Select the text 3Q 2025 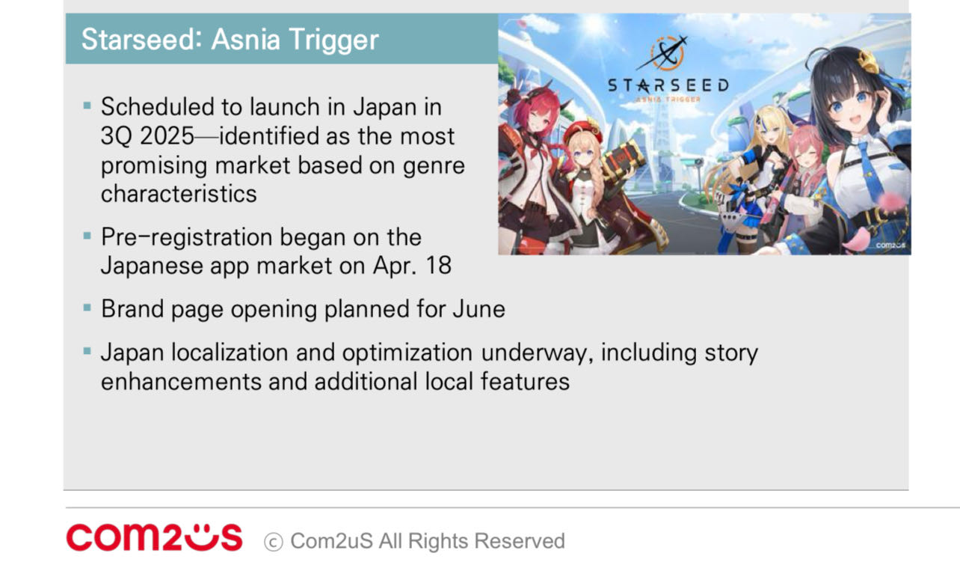point(147,136)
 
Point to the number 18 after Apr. point(438,266)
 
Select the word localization point(230,352)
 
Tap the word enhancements point(181,382)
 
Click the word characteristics point(179,194)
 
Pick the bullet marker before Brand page point(87,307)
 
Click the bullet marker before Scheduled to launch point(87,105)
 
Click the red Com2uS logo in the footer point(154,537)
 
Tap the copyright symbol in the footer point(274,542)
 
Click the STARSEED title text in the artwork point(668,85)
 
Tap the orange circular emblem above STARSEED point(665,54)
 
